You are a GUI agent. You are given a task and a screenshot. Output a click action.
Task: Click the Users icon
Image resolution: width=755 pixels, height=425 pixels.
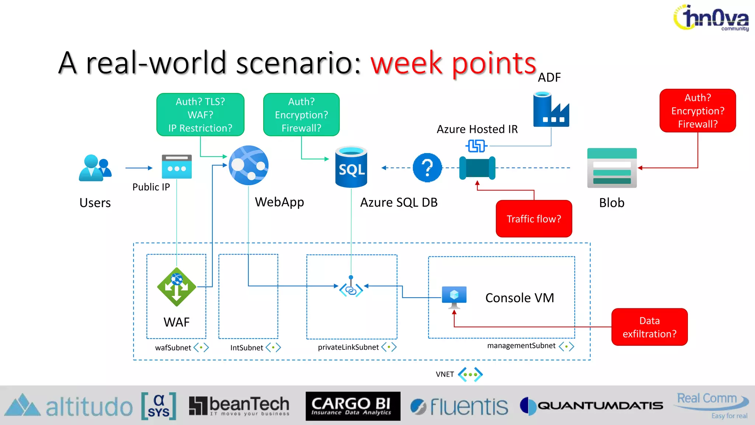tap(95, 168)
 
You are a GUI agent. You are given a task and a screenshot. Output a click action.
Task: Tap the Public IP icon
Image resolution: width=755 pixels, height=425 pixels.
tap(177, 167)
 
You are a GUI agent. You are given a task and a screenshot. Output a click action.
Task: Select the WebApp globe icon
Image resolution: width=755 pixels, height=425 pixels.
tap(248, 165)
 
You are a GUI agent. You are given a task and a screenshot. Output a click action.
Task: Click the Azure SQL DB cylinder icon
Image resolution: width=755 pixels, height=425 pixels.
tap(351, 167)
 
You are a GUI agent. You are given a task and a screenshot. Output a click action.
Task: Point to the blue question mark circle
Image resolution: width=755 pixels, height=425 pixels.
tap(427, 168)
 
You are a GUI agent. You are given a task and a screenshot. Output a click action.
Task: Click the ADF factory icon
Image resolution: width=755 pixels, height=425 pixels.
tap(551, 110)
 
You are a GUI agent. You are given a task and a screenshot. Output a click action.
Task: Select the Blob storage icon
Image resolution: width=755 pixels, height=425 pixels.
tap(612, 168)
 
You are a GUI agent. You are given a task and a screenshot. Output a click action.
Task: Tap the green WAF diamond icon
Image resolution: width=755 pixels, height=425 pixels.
tap(177, 287)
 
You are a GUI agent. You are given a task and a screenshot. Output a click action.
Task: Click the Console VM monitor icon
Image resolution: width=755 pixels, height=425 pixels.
tap(454, 297)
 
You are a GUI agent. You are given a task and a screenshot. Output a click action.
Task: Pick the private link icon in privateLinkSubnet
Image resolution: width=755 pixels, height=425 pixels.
tap(351, 287)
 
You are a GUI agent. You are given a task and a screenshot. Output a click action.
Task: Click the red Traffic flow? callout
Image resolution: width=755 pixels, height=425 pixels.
tap(533, 219)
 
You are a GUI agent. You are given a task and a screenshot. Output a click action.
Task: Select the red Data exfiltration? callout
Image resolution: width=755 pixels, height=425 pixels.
tap(649, 327)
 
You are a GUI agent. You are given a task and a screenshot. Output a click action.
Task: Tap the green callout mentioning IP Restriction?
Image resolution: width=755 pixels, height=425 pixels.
tap(200, 115)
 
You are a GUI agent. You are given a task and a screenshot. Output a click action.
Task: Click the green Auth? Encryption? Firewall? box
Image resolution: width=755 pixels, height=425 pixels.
tap(301, 115)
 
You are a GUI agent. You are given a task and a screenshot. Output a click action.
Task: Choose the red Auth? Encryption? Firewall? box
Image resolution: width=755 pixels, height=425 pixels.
tap(697, 111)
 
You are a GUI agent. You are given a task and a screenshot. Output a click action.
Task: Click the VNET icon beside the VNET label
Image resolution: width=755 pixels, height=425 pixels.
tap(470, 374)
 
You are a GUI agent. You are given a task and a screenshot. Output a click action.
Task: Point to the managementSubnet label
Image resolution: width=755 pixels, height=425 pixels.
tap(521, 346)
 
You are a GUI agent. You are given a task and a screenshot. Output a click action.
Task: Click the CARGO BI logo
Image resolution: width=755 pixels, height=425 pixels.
tap(352, 406)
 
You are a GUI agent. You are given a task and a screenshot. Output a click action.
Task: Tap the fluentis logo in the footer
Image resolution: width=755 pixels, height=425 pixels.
tap(459, 407)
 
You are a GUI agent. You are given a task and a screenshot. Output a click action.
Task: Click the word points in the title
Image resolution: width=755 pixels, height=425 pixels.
tap(494, 63)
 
